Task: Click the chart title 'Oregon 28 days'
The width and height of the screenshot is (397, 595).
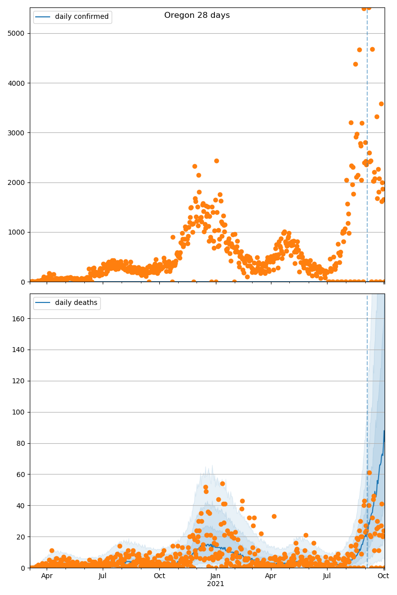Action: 197,15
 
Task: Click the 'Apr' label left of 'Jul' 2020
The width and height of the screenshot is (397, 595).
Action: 47,576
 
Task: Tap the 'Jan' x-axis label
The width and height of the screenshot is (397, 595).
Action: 215,576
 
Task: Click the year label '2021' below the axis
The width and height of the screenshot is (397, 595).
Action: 215,584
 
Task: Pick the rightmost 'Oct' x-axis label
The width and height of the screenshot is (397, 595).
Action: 383,576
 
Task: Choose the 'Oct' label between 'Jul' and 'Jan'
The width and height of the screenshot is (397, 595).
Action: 159,576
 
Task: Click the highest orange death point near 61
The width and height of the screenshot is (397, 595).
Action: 369,473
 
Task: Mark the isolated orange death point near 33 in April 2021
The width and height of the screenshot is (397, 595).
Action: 274,516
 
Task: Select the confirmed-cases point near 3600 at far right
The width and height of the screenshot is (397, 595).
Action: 381,104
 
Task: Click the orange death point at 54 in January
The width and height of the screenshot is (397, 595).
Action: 222,483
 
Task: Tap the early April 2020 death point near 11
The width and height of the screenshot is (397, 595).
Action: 52,550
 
